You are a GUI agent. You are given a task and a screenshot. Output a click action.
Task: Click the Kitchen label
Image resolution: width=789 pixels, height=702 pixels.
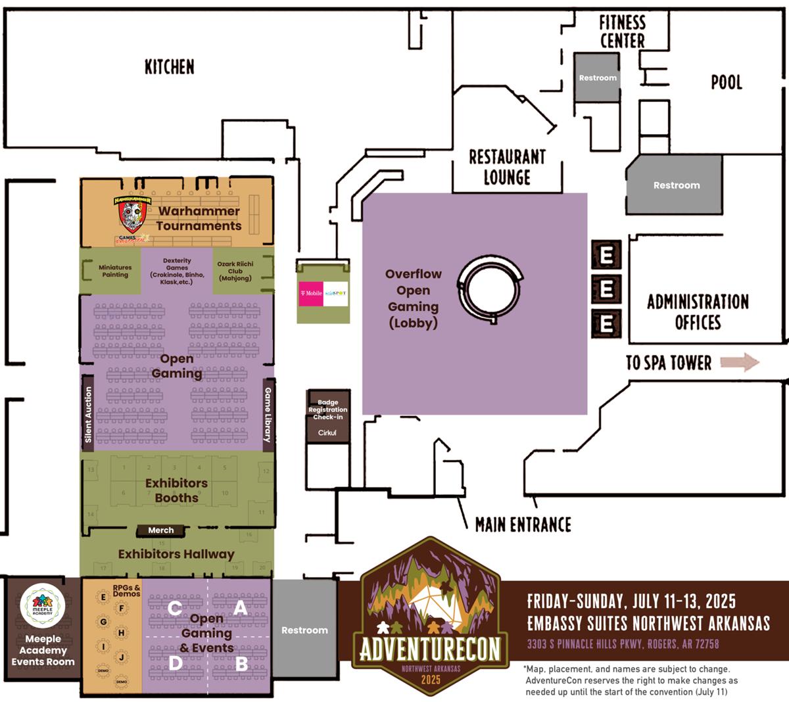(170, 66)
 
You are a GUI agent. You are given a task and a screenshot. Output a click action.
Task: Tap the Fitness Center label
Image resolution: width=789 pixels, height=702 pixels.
(622, 32)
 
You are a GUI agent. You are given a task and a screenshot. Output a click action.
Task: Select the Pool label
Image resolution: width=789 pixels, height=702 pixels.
(726, 82)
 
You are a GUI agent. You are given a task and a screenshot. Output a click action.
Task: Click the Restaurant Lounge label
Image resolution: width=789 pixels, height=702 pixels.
(507, 167)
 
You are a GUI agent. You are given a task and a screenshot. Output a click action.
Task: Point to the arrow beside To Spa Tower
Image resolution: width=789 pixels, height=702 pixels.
(740, 362)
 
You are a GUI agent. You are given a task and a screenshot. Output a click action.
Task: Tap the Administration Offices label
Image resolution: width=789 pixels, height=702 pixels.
(698, 312)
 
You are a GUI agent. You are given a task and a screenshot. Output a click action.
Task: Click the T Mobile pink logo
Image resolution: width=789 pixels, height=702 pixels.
(311, 293)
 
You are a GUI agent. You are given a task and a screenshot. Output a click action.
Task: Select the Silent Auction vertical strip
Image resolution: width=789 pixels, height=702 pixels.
(88, 414)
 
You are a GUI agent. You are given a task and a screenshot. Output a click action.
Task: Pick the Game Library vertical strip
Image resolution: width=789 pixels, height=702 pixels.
(268, 414)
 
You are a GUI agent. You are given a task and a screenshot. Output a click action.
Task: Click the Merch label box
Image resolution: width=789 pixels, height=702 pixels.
(160, 530)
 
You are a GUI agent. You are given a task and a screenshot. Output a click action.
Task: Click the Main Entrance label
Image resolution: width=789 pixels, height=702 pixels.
(523, 525)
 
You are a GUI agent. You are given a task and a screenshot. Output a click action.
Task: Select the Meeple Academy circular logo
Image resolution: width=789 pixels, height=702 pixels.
(43, 605)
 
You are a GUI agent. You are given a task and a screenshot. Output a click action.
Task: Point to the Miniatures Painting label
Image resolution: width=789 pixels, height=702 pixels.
(115, 271)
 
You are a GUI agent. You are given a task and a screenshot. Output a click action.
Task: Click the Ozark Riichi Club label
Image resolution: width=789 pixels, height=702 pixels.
(235, 271)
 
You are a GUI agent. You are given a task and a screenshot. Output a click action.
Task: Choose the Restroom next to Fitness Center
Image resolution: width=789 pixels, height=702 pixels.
(598, 78)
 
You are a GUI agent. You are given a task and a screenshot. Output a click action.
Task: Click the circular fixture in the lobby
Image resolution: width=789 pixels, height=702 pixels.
(490, 289)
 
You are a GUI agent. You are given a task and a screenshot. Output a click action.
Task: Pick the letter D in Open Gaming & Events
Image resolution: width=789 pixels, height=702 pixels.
(175, 663)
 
